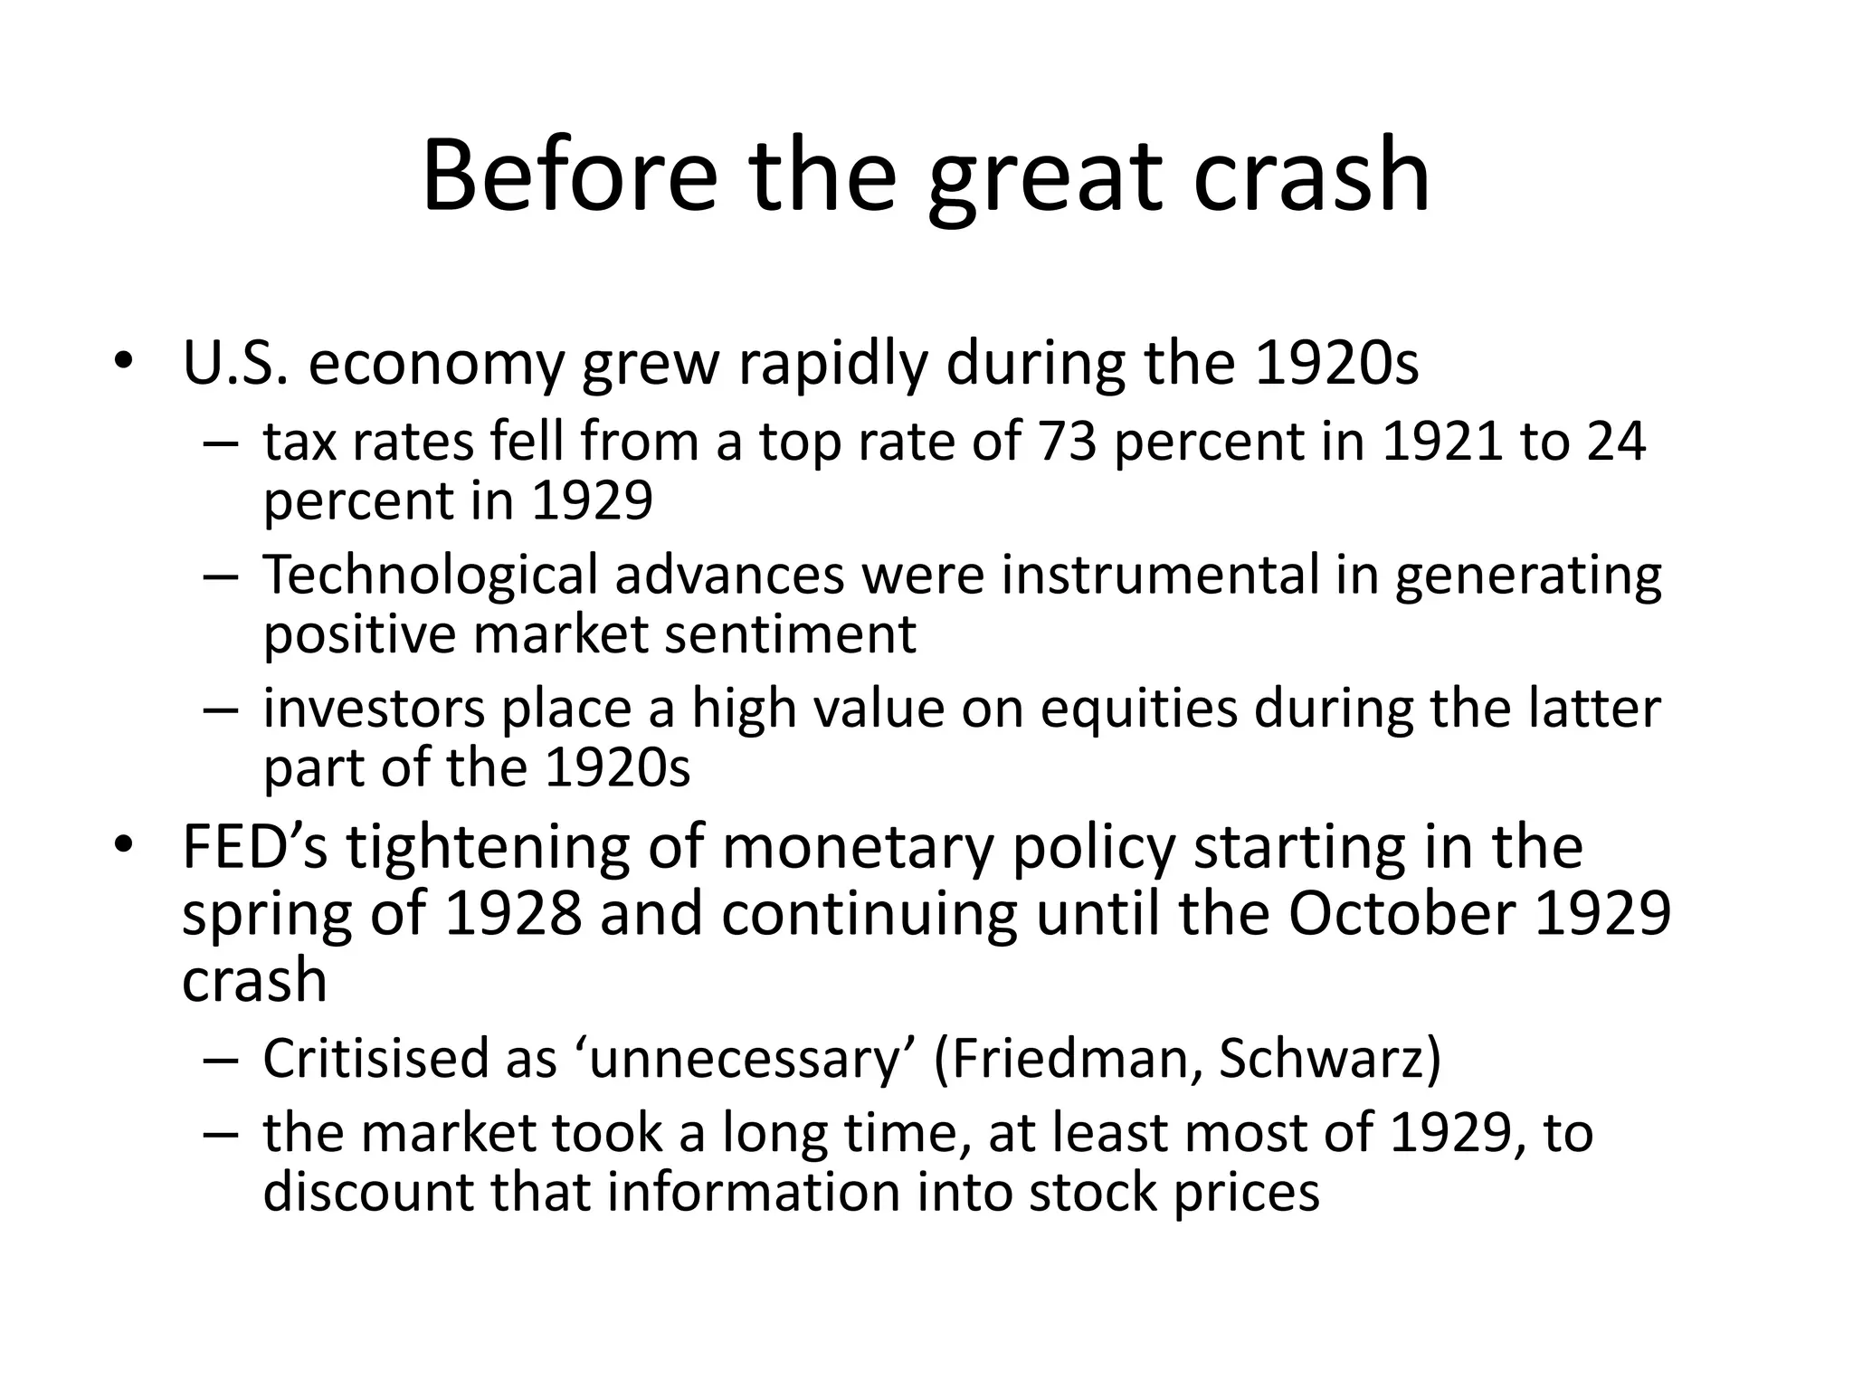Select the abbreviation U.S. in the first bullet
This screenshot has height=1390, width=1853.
(x=235, y=363)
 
